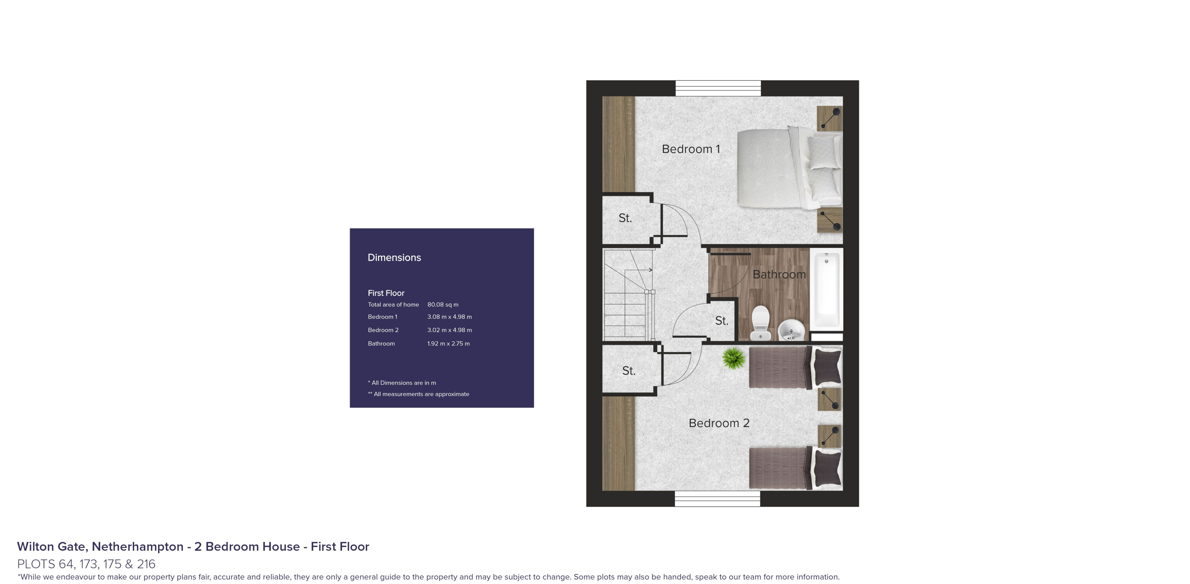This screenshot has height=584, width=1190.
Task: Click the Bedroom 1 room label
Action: click(691, 149)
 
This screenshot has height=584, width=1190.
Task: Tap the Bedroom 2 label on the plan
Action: click(718, 423)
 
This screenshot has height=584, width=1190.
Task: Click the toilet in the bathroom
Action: click(760, 323)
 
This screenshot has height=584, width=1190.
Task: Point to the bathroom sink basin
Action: click(791, 330)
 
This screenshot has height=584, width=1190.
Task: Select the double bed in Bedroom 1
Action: click(788, 168)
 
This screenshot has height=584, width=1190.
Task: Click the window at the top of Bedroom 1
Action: click(718, 88)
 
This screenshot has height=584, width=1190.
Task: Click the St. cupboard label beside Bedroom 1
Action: click(625, 218)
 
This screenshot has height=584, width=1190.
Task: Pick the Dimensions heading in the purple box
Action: click(394, 258)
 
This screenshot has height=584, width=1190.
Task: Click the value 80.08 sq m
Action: click(443, 305)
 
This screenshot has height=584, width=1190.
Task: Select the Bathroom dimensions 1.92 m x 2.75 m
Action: click(448, 343)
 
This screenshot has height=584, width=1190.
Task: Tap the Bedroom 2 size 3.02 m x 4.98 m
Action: click(449, 330)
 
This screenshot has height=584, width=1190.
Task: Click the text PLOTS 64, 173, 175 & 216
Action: click(86, 564)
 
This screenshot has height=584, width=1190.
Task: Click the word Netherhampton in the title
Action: click(137, 547)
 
